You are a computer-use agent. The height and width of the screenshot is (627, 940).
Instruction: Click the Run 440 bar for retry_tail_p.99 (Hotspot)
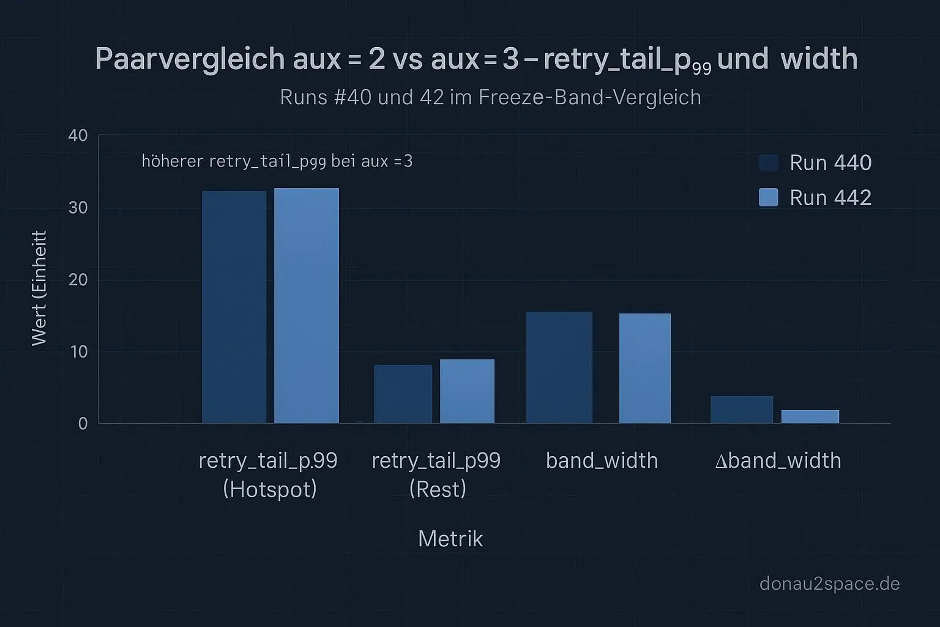pyautogui.click(x=234, y=307)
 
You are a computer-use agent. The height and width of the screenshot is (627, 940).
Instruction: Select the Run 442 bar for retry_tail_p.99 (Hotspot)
pyautogui.click(x=306, y=306)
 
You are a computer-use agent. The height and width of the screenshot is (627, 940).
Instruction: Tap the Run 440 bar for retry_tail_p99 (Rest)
pyautogui.click(x=403, y=394)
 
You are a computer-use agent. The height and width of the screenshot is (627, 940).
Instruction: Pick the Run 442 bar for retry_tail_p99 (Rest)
pyautogui.click(x=467, y=391)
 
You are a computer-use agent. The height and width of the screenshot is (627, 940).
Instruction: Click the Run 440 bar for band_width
pyautogui.click(x=559, y=367)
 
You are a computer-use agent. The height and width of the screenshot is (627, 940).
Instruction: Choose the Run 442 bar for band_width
pyautogui.click(x=644, y=368)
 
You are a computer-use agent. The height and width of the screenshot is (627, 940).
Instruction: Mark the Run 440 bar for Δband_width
pyautogui.click(x=741, y=410)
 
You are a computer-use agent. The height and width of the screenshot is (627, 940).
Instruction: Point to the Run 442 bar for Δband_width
pyautogui.click(x=810, y=416)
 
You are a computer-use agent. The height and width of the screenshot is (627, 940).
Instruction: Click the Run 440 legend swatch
pyautogui.click(x=768, y=163)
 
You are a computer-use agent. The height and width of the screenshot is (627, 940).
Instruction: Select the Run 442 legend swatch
pyautogui.click(x=768, y=197)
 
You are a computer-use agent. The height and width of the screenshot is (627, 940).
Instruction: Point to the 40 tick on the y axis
pyautogui.click(x=78, y=135)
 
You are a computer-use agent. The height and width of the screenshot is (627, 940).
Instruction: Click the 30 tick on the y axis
pyautogui.click(x=78, y=208)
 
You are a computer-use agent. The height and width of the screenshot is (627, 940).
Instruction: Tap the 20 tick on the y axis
pyautogui.click(x=78, y=280)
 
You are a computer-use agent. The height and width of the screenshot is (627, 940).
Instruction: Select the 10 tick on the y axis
pyautogui.click(x=78, y=351)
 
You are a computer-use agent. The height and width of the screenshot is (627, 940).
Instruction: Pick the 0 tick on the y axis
pyautogui.click(x=83, y=424)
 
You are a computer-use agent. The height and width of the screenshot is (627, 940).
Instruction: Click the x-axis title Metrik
pyautogui.click(x=450, y=539)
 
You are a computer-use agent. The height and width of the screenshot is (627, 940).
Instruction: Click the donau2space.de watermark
pyautogui.click(x=829, y=584)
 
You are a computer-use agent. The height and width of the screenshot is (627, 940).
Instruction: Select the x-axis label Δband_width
pyautogui.click(x=778, y=460)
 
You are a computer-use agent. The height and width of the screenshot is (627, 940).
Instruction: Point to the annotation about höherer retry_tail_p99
pyautogui.click(x=277, y=162)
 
